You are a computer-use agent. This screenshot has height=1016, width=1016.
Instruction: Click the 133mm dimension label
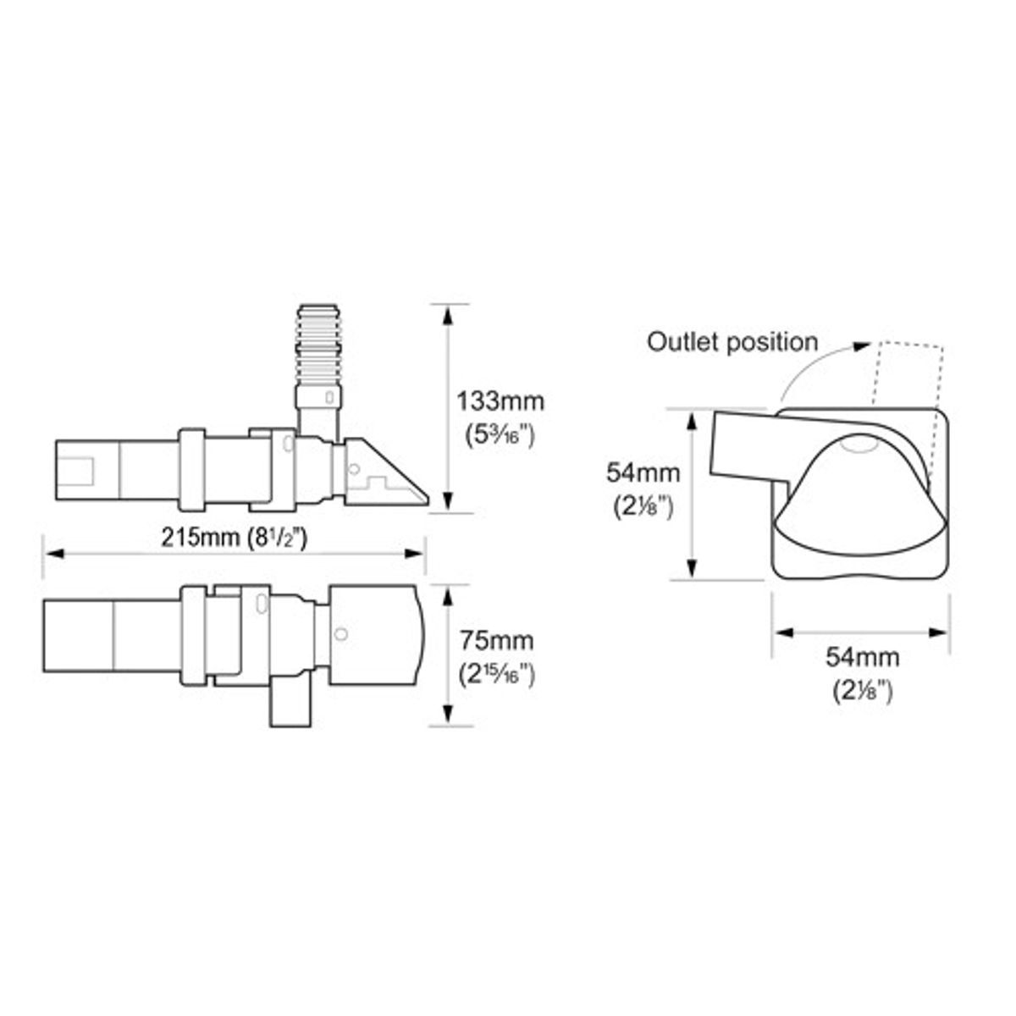[x=500, y=402]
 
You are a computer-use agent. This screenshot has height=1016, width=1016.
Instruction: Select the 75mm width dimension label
[x=497, y=641]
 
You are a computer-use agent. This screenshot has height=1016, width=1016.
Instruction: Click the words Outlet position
[x=732, y=342]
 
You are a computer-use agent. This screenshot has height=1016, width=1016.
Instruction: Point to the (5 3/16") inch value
[x=500, y=435]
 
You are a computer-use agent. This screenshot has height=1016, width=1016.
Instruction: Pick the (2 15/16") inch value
[x=497, y=675]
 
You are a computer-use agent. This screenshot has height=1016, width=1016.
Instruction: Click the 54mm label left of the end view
[x=643, y=473]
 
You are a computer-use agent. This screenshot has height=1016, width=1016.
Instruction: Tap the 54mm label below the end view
[x=863, y=657]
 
